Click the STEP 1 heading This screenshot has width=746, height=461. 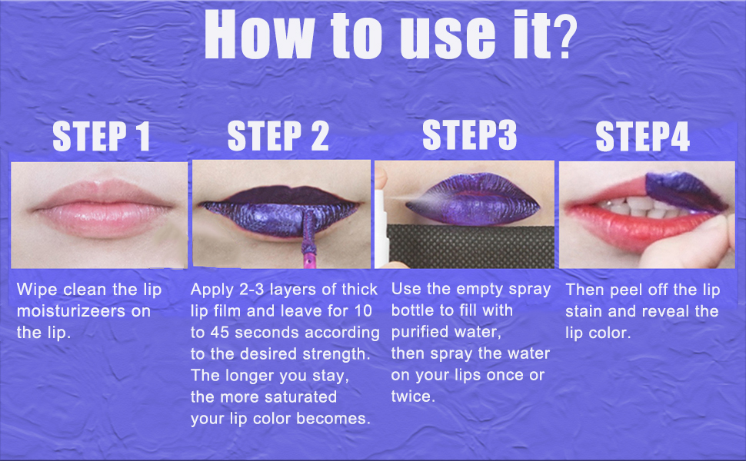click(100, 138)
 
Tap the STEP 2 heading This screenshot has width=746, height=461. click(278, 138)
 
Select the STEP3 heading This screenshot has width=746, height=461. click(469, 135)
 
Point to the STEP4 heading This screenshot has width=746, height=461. click(642, 138)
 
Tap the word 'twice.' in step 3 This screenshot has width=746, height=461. click(413, 397)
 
